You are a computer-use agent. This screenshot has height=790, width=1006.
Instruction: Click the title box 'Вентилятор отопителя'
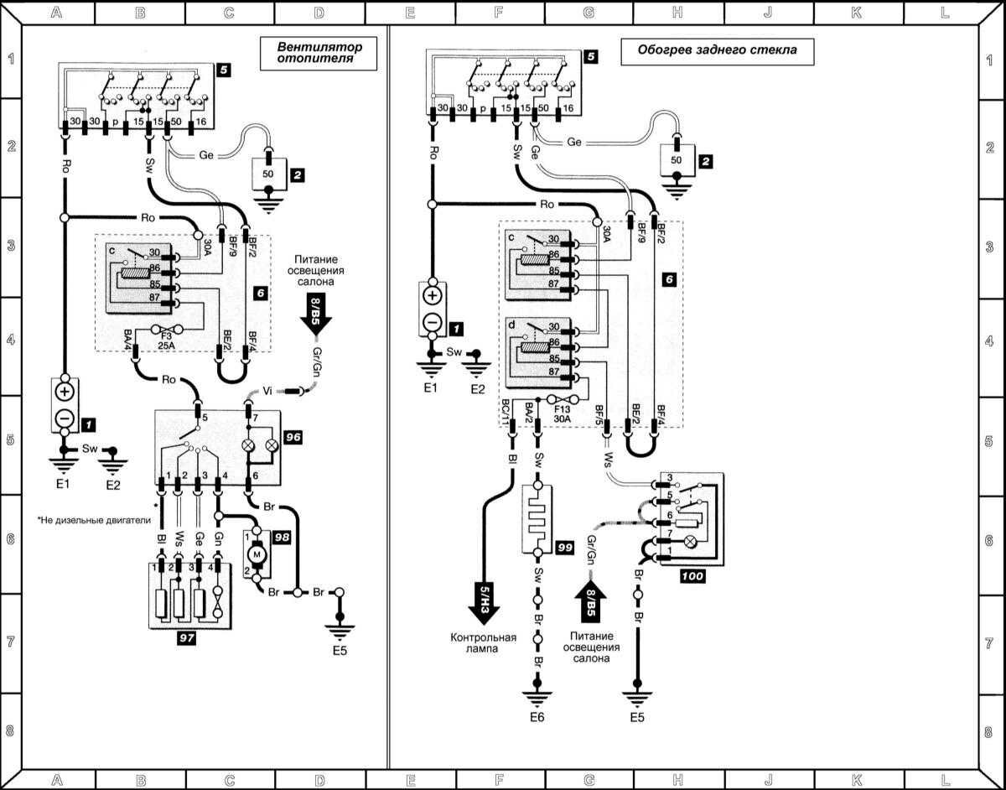(315, 54)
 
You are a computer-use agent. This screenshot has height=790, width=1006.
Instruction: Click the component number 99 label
(565, 547)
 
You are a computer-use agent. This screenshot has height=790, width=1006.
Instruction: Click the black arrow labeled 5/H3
(485, 600)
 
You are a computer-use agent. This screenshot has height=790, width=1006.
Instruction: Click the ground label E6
(536, 717)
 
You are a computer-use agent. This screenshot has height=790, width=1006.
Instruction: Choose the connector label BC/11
(505, 411)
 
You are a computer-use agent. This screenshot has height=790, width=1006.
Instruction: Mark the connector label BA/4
(127, 340)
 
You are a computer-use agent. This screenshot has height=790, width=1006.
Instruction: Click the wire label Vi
(268, 390)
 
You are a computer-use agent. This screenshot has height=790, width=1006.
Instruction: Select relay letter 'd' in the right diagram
(512, 324)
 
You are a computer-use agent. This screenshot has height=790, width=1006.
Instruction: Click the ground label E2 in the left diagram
(114, 484)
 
